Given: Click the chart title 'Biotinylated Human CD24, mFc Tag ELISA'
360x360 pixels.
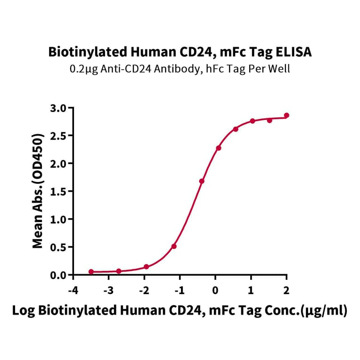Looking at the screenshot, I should pos(180,52).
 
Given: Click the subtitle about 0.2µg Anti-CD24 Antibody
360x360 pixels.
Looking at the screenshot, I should pos(180,69).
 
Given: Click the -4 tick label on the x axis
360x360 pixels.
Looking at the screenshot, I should pos(73,289).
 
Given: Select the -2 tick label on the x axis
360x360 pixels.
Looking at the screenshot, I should pos(144,289).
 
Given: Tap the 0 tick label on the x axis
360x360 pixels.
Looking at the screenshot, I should pos(215,289).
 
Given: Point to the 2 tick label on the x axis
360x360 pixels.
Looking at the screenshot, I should pos(286,289).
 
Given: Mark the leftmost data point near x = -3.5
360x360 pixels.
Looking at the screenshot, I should pos(91,272).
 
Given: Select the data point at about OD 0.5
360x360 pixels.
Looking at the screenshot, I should pos(174,246).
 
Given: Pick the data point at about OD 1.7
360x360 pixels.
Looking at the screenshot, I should pos(202,181).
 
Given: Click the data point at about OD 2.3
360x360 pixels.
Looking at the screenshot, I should pos(219,148).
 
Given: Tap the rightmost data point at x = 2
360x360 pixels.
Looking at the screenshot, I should pos(286,115).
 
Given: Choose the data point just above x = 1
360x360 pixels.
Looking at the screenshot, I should pos(253,121).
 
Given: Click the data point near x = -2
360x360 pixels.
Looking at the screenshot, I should pos(147,267).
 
